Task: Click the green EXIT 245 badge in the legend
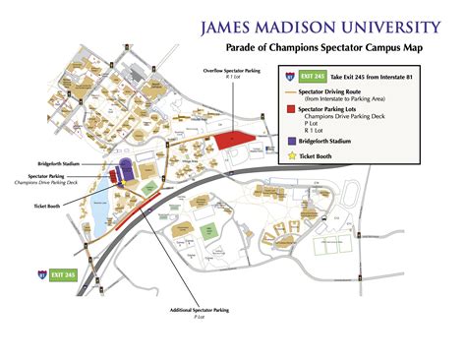click(312, 75)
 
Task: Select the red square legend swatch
click(291, 107)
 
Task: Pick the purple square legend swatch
click(291, 141)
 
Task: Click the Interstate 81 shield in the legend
click(290, 75)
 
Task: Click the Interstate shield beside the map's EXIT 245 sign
click(41, 274)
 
